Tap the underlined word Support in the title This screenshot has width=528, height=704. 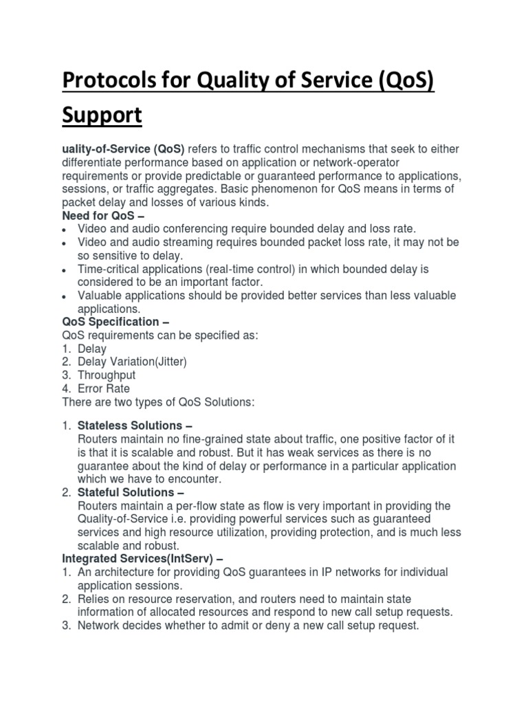coord(102,115)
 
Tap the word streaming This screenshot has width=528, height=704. coord(199,243)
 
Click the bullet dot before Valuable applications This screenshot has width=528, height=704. coord(64,296)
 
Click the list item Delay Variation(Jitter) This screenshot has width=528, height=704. coord(132,362)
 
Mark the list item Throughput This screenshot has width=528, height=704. coord(107,375)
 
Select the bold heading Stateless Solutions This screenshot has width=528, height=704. coord(129,426)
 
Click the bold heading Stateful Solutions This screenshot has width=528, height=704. coord(126,492)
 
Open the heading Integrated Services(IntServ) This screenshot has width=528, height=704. coord(135,558)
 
